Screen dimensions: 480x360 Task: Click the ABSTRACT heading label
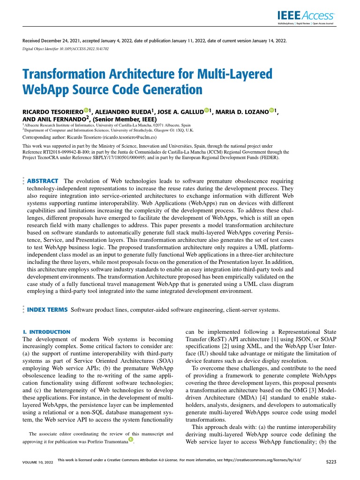[43, 181]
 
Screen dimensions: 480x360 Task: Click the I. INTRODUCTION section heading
[46, 332]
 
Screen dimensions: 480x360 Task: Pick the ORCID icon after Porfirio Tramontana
[131, 440]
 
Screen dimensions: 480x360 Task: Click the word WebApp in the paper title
[49, 89]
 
